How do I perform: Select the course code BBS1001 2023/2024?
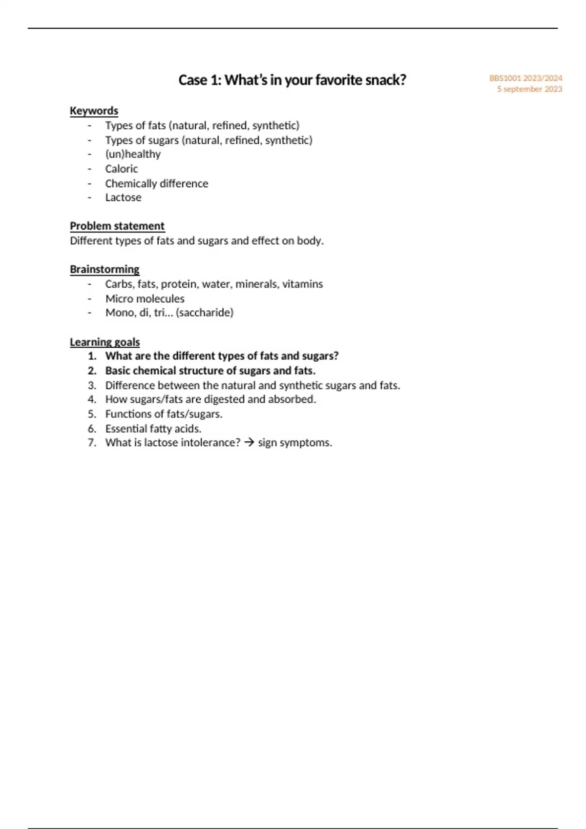[x=525, y=78]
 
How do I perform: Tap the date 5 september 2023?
[x=529, y=89]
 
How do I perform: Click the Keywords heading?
[x=94, y=111]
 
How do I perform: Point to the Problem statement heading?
[x=117, y=226]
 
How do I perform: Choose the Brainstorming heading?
[x=105, y=270]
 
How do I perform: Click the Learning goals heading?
[x=105, y=342]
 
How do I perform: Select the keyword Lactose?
[x=123, y=197]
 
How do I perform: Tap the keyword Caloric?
[x=122, y=169]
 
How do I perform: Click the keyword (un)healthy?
[x=133, y=154]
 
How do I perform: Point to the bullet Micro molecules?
[x=145, y=298]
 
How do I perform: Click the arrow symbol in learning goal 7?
[x=249, y=443]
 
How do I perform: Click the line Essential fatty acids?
[x=153, y=429]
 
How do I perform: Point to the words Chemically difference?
[x=157, y=183]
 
